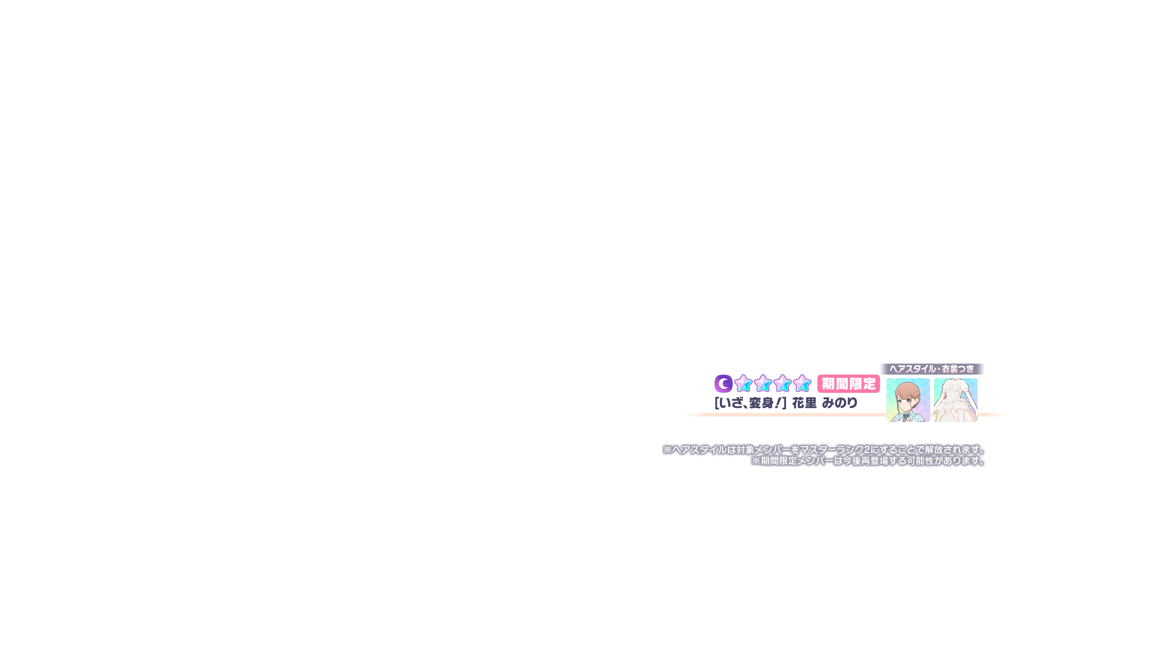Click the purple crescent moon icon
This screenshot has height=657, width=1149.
(x=723, y=384)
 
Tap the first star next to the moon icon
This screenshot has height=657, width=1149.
(x=743, y=384)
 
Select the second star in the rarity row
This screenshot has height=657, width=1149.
(x=763, y=384)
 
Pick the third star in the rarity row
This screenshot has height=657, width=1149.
(x=782, y=384)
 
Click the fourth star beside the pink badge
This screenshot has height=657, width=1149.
(x=802, y=384)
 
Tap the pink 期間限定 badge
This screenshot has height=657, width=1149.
(x=849, y=384)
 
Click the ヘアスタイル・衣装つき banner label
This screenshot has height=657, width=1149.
(x=932, y=369)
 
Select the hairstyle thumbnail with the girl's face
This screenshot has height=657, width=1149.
(x=908, y=400)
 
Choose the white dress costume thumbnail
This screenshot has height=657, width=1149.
(x=956, y=400)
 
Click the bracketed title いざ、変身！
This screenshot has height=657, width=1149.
(x=750, y=403)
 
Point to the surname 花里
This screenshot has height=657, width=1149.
(x=804, y=403)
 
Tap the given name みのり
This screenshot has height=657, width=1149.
(x=840, y=403)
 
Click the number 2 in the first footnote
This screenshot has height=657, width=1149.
(x=867, y=450)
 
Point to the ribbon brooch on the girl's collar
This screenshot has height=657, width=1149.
(x=905, y=416)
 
